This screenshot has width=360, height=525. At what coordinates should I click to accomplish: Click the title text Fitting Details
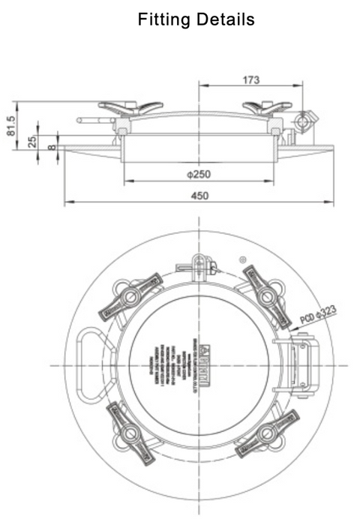click(196, 19)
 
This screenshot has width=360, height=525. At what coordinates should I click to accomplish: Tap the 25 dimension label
click(33, 141)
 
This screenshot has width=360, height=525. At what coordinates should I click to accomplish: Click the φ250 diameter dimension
click(199, 174)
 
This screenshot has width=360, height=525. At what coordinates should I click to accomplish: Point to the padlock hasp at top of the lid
click(199, 265)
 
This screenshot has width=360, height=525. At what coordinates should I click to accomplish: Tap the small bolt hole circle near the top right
click(244, 258)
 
